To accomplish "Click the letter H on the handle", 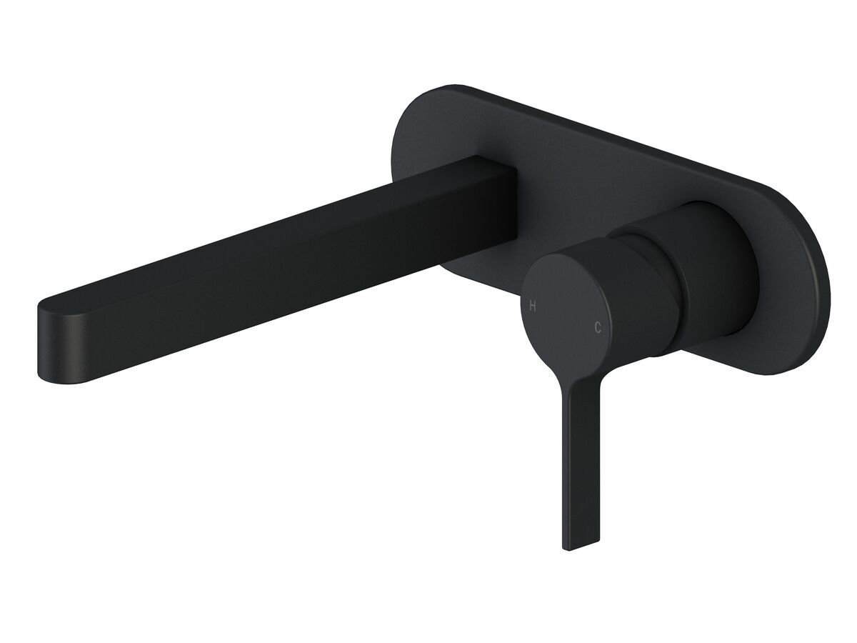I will click(x=532, y=306).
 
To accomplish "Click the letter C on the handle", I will click(x=598, y=328).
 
